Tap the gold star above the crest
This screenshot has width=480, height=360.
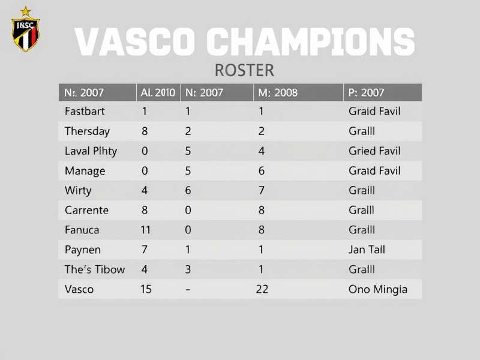pos(25,11)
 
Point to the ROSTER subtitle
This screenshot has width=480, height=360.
pos(244,70)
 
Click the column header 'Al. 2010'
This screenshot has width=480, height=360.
pos(158,92)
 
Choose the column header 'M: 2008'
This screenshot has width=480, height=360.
pos(278,92)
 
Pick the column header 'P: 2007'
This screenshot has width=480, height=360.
pos(366,92)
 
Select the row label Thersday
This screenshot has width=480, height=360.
pos(87,131)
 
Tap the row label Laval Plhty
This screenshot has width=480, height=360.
pos(91,151)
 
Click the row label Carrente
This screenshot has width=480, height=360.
pos(86,210)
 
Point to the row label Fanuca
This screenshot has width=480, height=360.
pos(82,230)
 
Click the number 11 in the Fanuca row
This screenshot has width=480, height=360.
pos(146,230)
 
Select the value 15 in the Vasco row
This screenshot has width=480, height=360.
pos(146,289)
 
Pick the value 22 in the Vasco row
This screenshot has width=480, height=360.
pos(262,289)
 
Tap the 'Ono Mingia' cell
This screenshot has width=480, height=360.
pos(377,289)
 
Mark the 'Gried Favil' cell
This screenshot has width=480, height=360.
pos(374,151)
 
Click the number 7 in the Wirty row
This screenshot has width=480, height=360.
pos(262,190)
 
